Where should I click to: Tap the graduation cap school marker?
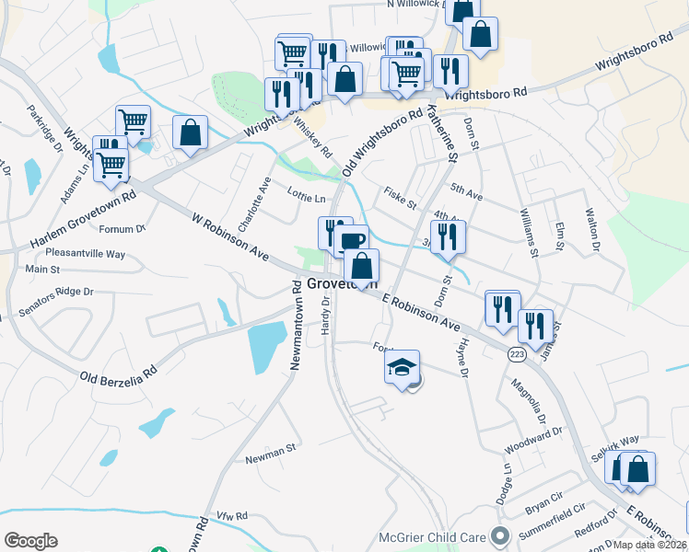(403, 368)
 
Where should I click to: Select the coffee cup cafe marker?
(351, 242)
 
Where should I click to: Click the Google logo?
(31, 541)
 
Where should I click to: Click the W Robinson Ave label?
(230, 236)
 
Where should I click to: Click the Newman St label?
(269, 449)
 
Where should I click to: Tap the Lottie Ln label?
(307, 198)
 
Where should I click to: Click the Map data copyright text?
(652, 545)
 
